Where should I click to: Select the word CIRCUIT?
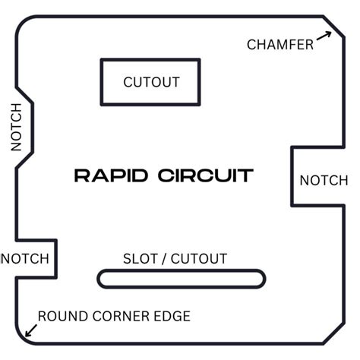coord(206,175)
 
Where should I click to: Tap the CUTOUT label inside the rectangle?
coord(150,82)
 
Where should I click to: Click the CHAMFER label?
coord(280,45)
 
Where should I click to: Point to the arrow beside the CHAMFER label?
coord(325,37)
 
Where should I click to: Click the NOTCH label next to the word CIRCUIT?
coord(324,181)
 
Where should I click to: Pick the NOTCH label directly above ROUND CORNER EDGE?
coord(24,259)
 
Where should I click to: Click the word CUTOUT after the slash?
coord(199,259)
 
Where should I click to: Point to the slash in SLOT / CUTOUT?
coord(164,259)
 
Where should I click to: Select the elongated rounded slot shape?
coord(182,279)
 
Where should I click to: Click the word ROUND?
coord(62,316)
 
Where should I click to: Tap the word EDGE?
coord(172,316)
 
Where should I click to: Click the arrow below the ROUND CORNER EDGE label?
coord(32,329)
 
